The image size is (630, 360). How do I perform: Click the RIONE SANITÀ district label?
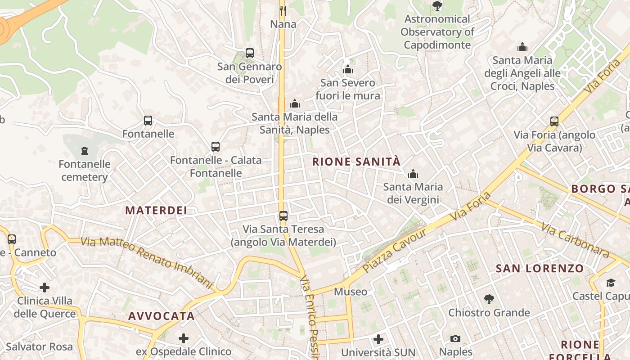(356, 162)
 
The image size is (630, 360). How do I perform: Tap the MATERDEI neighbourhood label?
(156, 211)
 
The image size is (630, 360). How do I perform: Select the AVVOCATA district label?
(162, 316)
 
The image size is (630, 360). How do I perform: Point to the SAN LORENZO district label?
(540, 269)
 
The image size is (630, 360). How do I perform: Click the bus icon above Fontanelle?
(148, 121)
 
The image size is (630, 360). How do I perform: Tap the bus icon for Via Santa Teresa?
(283, 216)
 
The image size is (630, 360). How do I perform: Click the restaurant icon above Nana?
(283, 10)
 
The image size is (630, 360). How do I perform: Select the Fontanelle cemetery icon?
(85, 151)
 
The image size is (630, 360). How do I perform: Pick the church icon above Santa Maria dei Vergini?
(413, 174)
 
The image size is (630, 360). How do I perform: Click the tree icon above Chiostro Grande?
(489, 299)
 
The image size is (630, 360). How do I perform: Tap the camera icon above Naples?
(455, 338)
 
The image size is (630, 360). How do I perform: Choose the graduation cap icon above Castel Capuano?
(611, 283)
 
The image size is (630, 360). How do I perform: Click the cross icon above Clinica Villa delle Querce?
(45, 287)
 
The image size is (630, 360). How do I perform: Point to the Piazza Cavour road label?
(394, 250)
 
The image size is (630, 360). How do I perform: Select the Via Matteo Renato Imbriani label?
(147, 262)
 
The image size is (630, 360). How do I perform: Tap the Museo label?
(351, 292)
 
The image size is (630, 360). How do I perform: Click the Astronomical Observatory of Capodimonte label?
(437, 32)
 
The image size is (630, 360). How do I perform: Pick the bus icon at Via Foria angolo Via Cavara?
(554, 121)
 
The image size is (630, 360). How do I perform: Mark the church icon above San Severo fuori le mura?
(348, 70)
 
